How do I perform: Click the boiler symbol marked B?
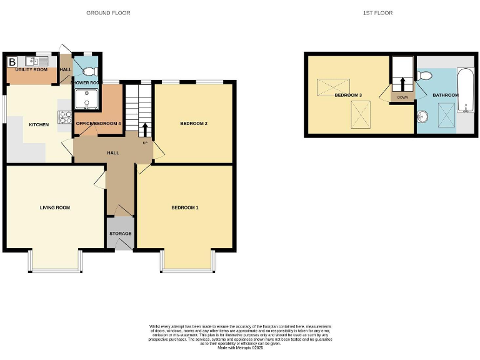click(x=12, y=61)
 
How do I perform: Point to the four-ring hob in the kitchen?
click(x=65, y=117)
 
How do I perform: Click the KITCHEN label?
click(x=39, y=125)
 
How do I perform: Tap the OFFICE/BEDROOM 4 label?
click(x=98, y=124)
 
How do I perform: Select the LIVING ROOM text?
click(x=55, y=207)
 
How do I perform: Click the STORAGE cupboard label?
click(x=121, y=234)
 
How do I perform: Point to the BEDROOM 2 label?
click(x=193, y=124)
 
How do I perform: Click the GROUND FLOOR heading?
click(x=108, y=12)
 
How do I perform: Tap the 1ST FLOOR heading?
click(x=378, y=12)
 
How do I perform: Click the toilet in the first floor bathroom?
click(x=425, y=76)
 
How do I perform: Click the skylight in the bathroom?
click(x=446, y=116)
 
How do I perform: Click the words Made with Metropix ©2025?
click(x=240, y=347)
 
